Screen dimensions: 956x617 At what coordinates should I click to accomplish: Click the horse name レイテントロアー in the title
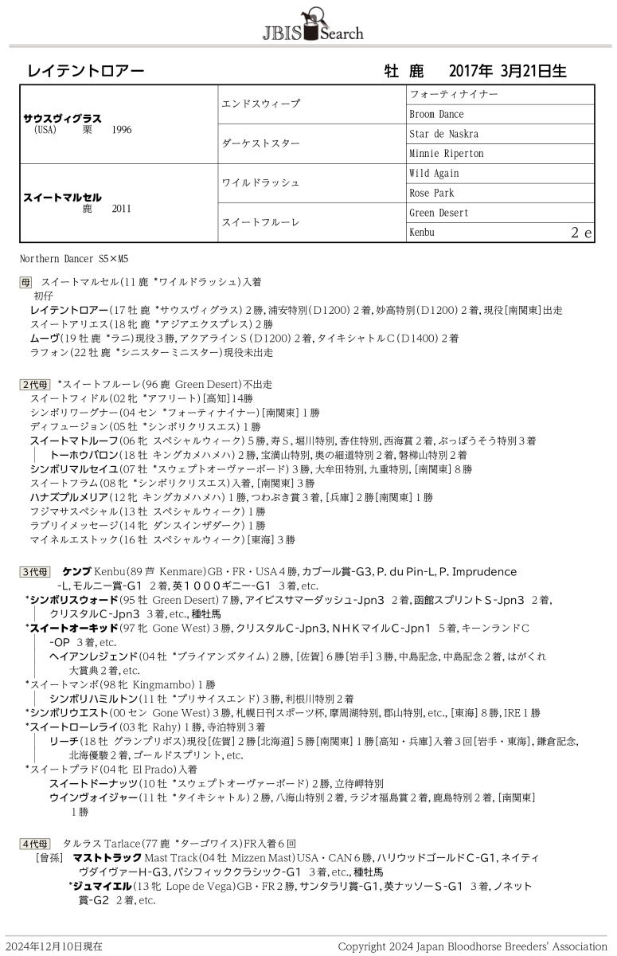[86, 71]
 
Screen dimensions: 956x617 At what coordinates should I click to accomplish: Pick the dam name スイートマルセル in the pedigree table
[63, 197]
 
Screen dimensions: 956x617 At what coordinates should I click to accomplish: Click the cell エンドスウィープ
[261, 104]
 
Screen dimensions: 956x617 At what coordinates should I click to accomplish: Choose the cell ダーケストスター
[261, 143]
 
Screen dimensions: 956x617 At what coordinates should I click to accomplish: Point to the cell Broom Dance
[436, 114]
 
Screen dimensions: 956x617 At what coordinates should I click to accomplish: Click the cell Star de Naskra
[444, 134]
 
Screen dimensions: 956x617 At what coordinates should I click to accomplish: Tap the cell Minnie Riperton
[447, 154]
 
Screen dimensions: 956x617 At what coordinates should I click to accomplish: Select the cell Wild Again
[434, 174]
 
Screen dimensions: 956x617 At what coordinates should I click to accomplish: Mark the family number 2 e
[581, 233]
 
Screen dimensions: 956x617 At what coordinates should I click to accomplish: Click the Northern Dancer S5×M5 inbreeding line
[74, 259]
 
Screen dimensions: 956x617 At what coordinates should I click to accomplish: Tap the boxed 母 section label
[26, 282]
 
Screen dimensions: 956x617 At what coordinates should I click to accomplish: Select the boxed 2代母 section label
[35, 384]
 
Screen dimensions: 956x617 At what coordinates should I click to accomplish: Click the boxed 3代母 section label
[35, 572]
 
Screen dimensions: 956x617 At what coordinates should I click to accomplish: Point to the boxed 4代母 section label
[35, 843]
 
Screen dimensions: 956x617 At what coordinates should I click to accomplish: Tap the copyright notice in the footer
[472, 946]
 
